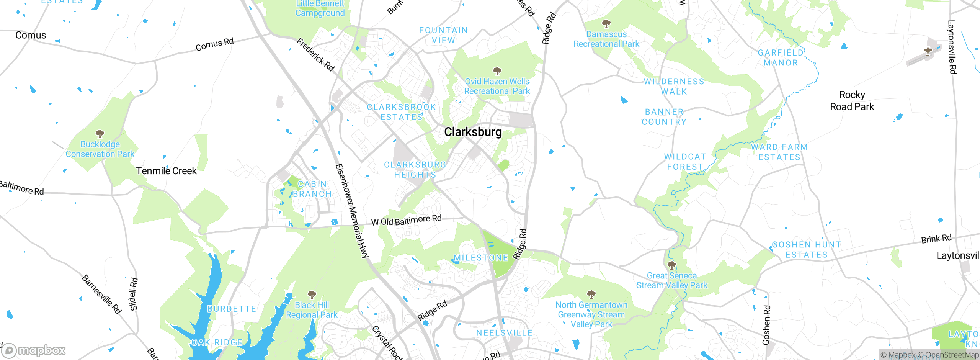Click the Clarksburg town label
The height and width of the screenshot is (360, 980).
[x=473, y=132]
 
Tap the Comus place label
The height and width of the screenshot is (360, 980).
[x=31, y=35]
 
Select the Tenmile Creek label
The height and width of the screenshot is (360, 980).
[x=166, y=171]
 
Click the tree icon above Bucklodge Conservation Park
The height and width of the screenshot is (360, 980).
[x=100, y=134]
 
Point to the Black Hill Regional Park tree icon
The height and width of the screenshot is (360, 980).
[x=312, y=295]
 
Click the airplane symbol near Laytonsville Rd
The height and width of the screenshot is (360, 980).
[x=928, y=51]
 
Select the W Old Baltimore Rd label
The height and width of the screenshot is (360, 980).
[x=406, y=221]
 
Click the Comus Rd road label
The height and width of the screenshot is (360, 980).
[x=214, y=44]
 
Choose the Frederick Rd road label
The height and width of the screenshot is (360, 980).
[x=316, y=54]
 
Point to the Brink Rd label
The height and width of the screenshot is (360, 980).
[x=936, y=239]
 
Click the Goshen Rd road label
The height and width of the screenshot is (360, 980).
[x=766, y=325]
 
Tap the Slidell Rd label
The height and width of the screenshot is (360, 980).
[x=133, y=294]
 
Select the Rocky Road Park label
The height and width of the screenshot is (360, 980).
[x=852, y=101]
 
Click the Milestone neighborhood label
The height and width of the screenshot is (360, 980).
[x=481, y=258]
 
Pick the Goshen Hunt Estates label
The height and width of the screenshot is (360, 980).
[x=806, y=250]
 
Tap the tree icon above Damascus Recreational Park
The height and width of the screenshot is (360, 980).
[x=606, y=24]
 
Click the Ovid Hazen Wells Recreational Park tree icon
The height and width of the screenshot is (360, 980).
[x=497, y=71]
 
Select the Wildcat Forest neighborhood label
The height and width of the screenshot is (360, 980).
[x=685, y=162]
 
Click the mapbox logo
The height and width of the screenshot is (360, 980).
[x=34, y=350]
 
